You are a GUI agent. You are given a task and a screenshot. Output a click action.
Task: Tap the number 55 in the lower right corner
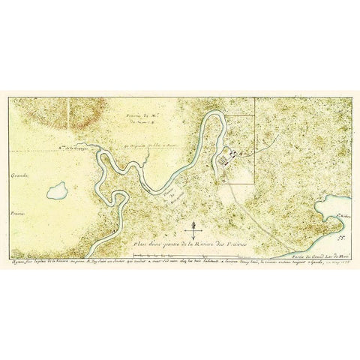(343, 237)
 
